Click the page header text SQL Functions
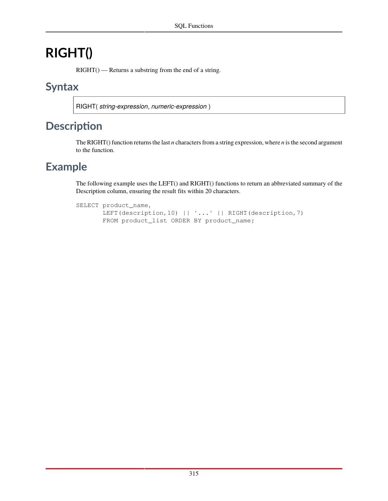[194, 26]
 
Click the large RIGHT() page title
[69, 53]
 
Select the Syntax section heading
[62, 87]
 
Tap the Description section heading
[74, 126]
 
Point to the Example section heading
[66, 167]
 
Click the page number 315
[194, 474]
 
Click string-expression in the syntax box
[123, 106]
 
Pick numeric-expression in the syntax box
[179, 106]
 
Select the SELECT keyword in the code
[87, 205]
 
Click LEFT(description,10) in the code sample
[140, 213]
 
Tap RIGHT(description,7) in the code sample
[266, 213]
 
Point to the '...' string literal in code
[203, 213]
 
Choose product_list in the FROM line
[144, 221]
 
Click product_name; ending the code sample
[230, 221]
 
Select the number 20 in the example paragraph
[208, 191]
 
